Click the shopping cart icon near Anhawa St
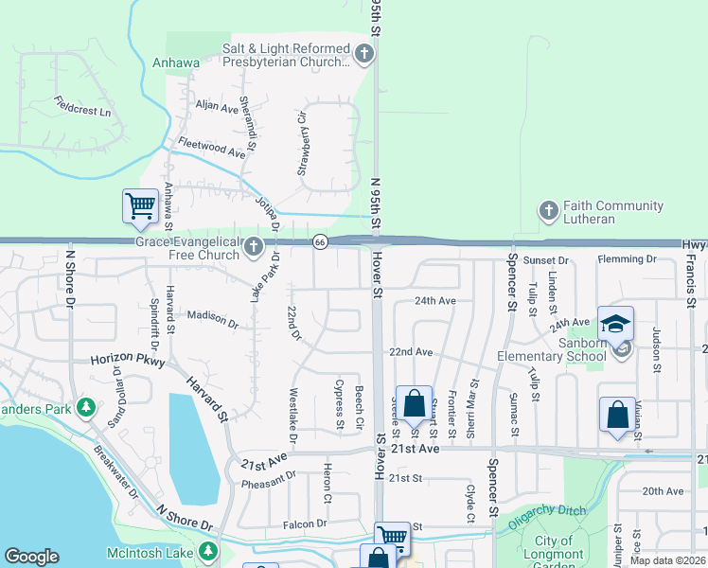140,204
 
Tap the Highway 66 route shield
320,243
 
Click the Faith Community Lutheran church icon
548,211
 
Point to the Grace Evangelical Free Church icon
252,248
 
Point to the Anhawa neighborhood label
176,64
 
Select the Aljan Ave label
217,108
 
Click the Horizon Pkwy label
128,361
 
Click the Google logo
31,557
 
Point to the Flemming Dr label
627,258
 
